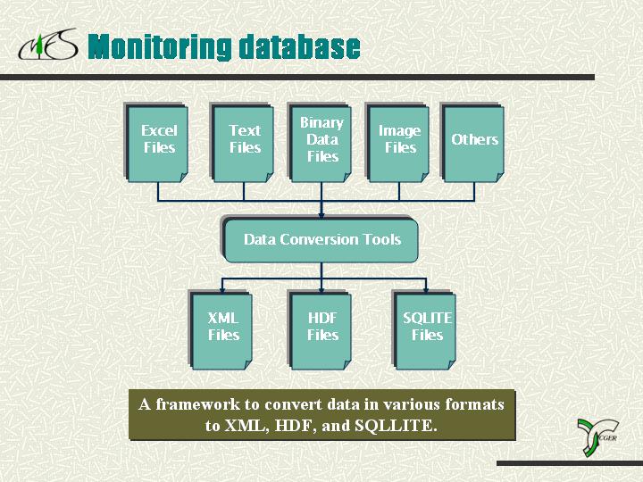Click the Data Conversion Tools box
click(x=321, y=240)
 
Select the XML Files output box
click(x=221, y=330)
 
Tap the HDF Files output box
click(x=320, y=330)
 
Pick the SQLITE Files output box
click(x=424, y=330)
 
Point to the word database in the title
click(x=299, y=46)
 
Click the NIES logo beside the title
click(x=48, y=45)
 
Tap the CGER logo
click(x=597, y=436)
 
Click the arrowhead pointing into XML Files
click(x=222, y=290)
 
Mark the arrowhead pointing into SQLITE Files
click(x=426, y=290)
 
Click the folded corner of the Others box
click(x=499, y=177)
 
